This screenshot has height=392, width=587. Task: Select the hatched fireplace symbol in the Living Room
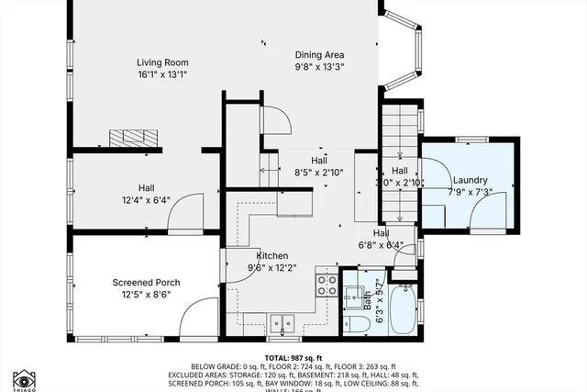[134, 138]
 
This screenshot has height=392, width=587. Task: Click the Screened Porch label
[146, 282]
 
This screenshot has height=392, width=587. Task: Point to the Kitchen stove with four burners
[327, 283]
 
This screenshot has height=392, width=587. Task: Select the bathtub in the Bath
[403, 308]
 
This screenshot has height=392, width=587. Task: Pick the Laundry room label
[470, 181]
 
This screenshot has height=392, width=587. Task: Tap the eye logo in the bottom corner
[25, 376]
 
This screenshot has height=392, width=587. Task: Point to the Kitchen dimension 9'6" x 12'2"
[272, 268]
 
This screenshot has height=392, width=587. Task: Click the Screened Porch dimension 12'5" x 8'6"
[146, 295]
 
